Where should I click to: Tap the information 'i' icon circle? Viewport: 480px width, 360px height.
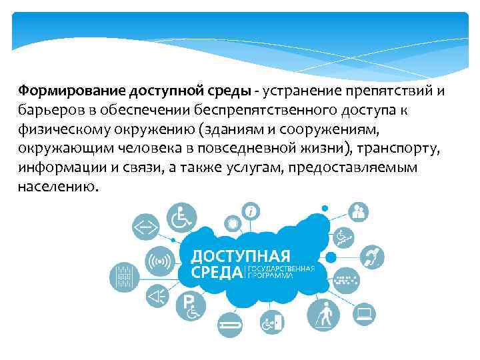click(251, 211)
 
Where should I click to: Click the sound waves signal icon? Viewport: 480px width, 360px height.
click(159, 260)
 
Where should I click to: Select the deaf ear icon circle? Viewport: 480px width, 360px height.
click(372, 255)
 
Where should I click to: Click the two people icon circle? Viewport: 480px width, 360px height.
click(358, 213)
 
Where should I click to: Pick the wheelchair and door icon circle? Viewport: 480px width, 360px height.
click(271, 323)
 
